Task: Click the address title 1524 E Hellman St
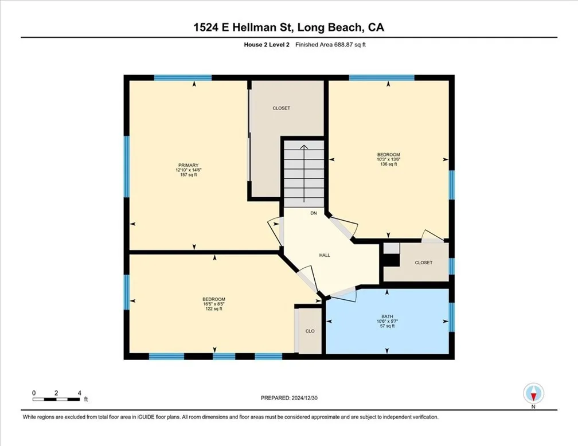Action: point(289,28)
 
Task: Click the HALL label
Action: point(325,256)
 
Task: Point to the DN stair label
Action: point(313,213)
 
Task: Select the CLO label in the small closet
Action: point(310,331)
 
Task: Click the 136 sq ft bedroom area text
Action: point(388,164)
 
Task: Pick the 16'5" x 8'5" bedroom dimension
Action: point(213,304)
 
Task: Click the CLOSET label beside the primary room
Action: point(281,108)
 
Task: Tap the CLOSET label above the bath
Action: point(423,262)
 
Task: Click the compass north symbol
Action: point(534,394)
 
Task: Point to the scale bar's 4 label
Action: point(79,393)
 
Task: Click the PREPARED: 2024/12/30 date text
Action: point(289,397)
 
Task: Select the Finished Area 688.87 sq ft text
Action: point(330,45)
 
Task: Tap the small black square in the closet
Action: point(391,260)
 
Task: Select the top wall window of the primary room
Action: point(172,77)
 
